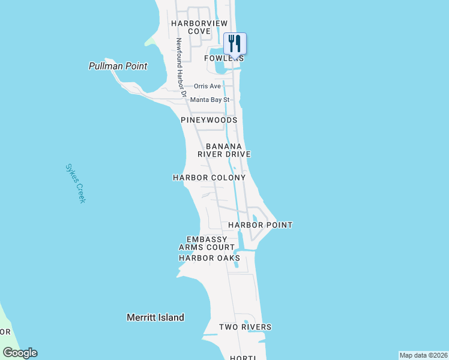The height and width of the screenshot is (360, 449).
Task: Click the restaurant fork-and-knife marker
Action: (235, 43)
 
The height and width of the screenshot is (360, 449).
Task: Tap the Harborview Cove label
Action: (199, 27)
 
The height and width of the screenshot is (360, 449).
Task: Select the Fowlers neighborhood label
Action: (224, 58)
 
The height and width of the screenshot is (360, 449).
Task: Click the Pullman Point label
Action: (118, 66)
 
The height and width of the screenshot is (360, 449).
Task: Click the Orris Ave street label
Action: (208, 86)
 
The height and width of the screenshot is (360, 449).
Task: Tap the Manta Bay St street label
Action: (210, 100)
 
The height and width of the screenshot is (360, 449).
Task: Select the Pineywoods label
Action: (209, 120)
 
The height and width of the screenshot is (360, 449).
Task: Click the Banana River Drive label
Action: (224, 150)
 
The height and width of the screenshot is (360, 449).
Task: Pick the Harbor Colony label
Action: (209, 178)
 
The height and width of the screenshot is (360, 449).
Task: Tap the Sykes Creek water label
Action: (75, 183)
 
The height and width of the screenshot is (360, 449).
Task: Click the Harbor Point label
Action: (260, 225)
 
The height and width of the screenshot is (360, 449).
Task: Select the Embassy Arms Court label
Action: (206, 243)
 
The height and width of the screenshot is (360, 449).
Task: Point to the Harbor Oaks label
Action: (209, 258)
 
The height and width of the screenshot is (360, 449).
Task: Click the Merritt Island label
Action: (155, 317)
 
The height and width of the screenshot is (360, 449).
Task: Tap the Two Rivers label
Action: (245, 327)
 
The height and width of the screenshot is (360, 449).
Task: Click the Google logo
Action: (20, 353)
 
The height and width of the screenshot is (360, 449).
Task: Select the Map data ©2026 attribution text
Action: (423, 355)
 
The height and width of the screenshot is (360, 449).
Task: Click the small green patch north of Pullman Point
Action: (150, 41)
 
